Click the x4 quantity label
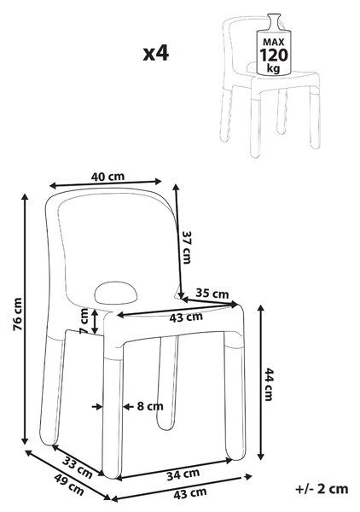tap(156, 53)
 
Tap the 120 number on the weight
tap(274, 55)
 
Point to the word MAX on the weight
tap(274, 42)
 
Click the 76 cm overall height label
tap(17, 314)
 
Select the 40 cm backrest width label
tap(107, 177)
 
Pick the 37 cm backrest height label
tap(187, 247)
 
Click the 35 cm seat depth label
tap(212, 294)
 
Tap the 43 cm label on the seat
tap(186, 317)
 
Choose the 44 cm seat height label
tap(269, 384)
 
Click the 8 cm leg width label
tap(150, 406)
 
